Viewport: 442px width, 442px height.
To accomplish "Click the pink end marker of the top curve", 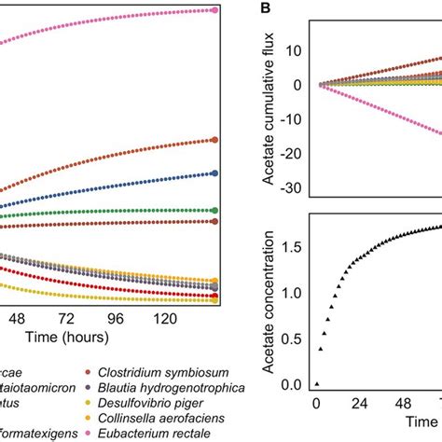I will click(x=215, y=10).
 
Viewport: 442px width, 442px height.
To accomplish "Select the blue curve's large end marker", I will click(x=215, y=173).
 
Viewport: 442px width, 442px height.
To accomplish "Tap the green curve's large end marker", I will click(x=215, y=210).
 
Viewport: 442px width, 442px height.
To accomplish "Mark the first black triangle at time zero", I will click(x=316, y=383).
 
